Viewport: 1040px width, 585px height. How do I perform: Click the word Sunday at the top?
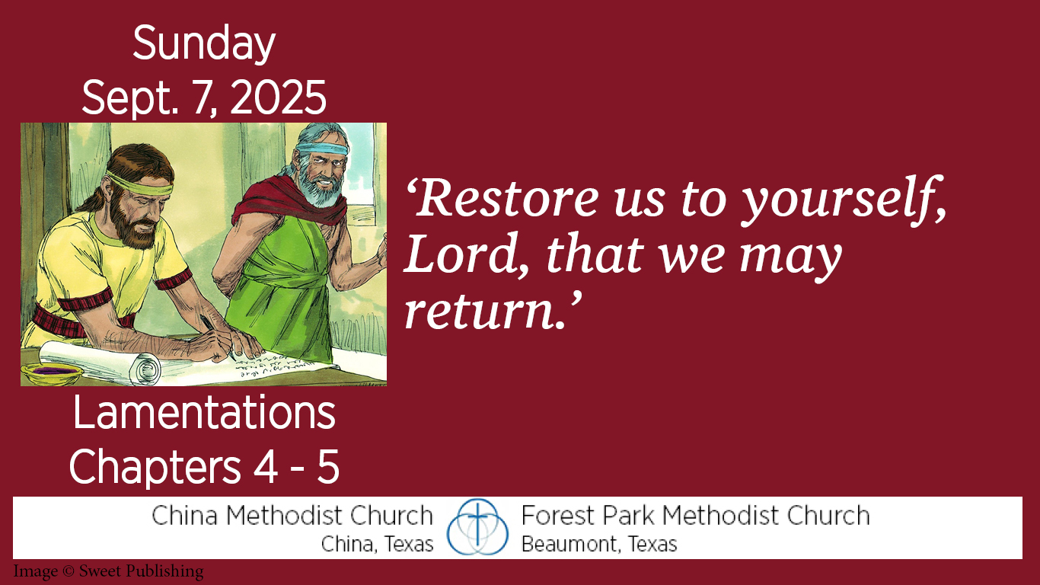tap(204, 43)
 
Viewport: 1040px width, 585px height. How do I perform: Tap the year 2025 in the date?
tap(278, 97)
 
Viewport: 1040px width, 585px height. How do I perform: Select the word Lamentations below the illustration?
tap(204, 413)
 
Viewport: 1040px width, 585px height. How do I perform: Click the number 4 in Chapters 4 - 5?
tap(266, 466)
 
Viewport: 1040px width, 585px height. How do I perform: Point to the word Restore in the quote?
tap(502, 198)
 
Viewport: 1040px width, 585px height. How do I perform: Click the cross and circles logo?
tap(477, 527)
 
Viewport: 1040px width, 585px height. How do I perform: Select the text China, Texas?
tap(377, 544)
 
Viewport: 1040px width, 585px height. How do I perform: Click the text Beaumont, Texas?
tap(599, 544)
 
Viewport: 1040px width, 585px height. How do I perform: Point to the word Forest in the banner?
tap(557, 515)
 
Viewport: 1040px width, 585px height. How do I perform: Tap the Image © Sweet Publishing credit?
tap(108, 571)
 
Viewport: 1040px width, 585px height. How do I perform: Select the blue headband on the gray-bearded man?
tap(322, 149)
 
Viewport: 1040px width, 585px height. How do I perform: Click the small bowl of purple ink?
tap(52, 372)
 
